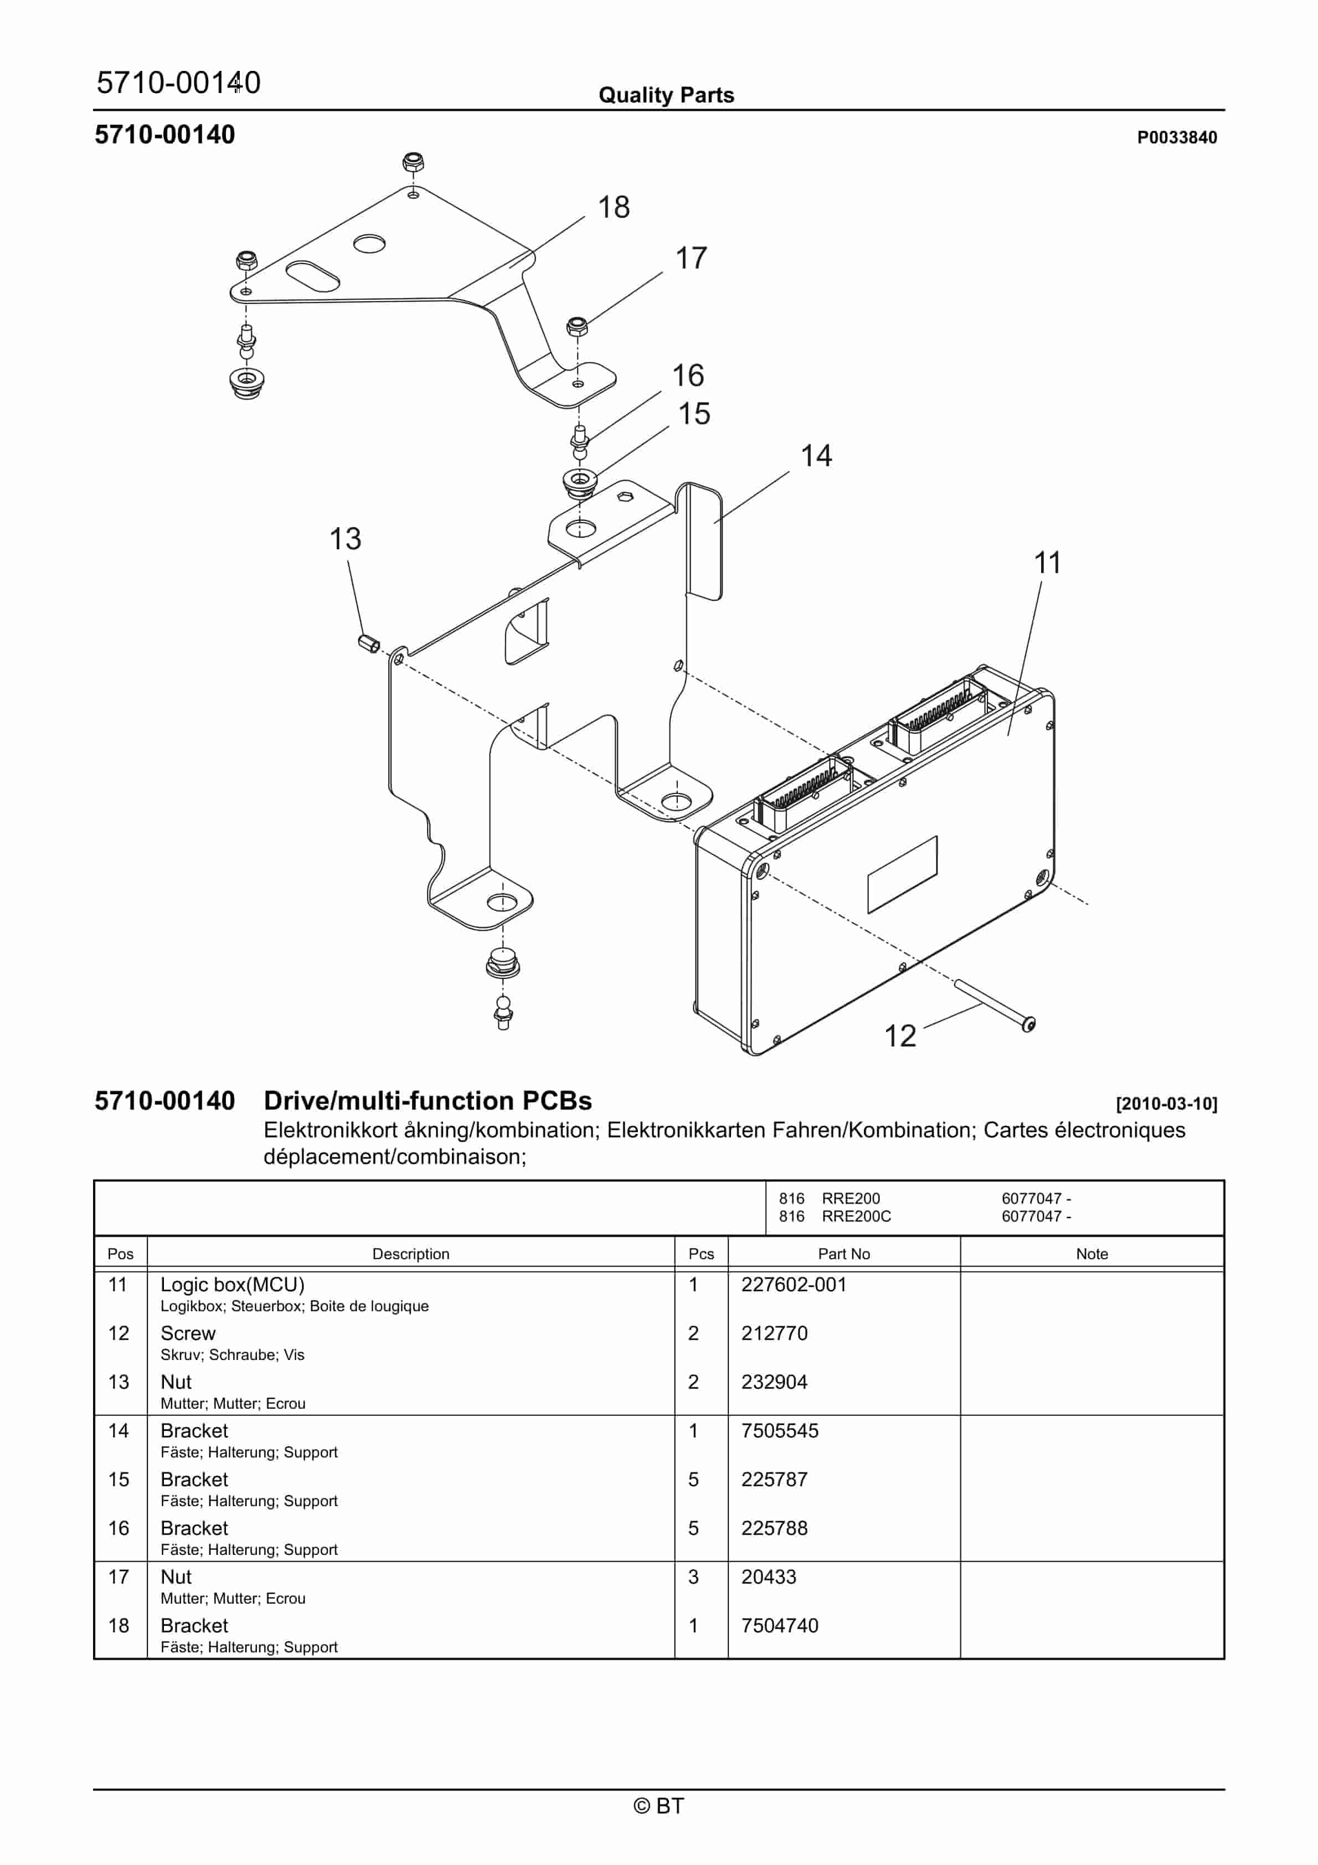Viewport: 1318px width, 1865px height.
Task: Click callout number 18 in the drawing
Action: [614, 207]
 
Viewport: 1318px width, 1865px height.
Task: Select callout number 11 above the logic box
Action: [1047, 563]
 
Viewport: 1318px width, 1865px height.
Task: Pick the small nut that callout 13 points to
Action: [368, 644]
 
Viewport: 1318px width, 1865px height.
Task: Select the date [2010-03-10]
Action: [1166, 1104]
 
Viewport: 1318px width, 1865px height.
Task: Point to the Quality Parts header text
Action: [666, 95]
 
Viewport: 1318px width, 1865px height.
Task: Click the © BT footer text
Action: [658, 1806]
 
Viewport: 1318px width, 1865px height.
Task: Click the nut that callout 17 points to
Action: [577, 327]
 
